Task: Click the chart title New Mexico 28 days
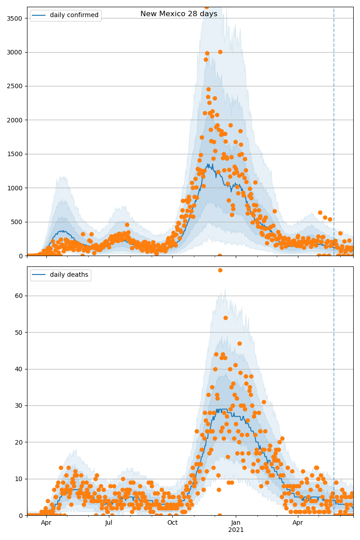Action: tap(179, 14)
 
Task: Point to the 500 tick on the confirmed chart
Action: tap(18, 222)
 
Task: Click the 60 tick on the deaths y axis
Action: tap(20, 296)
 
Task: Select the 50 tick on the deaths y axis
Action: tap(20, 333)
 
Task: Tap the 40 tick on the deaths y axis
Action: tap(20, 369)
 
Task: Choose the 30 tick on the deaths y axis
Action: tap(20, 405)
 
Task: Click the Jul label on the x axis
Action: tap(109, 523)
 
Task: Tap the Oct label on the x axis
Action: tap(172, 523)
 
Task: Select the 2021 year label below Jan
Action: tap(236, 530)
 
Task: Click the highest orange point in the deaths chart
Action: tap(220, 270)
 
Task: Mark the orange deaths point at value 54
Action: tap(225, 318)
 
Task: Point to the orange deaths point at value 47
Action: tap(239, 343)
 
